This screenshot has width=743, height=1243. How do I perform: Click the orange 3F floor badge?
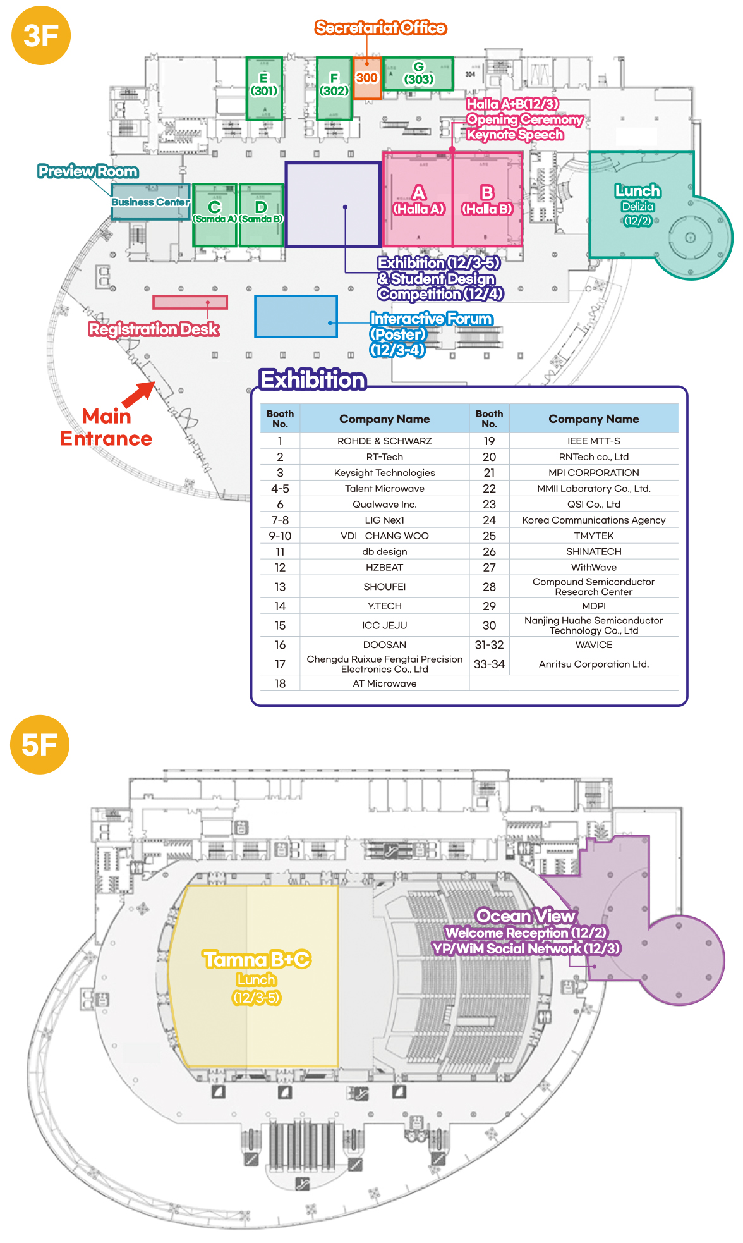pos(41,35)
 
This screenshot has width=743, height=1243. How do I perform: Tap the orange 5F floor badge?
pos(40,744)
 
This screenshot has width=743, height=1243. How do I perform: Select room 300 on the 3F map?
pos(366,78)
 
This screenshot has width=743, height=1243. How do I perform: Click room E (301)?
pos(264,88)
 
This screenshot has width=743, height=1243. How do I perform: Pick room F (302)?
pos(334,88)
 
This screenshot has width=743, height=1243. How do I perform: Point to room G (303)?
pos(418,73)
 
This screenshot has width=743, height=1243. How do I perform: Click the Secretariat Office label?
pos(380,28)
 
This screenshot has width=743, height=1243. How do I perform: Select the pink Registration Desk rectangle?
pos(190,302)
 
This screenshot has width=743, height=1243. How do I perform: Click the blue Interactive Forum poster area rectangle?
pos(296,316)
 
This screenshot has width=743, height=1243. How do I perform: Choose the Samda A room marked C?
pos(215,215)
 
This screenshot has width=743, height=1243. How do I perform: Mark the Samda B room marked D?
pos(261,215)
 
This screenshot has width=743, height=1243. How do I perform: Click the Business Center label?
pos(150,202)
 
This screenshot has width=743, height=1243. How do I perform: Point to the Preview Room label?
pos(88,171)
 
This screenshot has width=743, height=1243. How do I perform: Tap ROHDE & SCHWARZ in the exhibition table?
pos(384,441)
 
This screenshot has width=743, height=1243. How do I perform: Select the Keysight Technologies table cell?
pos(384,472)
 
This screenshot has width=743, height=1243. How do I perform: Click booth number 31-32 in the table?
pos(489,645)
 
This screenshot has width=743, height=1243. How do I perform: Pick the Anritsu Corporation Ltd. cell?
pos(593,664)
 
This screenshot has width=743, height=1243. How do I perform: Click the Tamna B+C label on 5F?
pos(257,959)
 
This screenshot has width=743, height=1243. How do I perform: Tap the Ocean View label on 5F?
pos(526,915)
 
